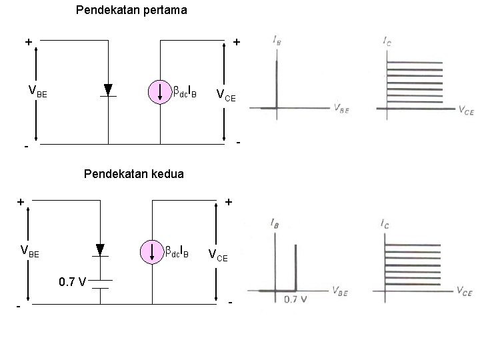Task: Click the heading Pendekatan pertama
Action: [x=131, y=11]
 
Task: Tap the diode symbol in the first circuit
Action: [x=108, y=90]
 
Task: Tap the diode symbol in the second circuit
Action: [x=101, y=250]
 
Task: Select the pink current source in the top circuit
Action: [x=161, y=91]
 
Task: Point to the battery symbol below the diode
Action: [x=101, y=285]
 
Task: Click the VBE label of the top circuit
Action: [x=37, y=92]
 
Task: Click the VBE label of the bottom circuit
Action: [x=30, y=252]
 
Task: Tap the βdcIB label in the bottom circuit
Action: [x=177, y=253]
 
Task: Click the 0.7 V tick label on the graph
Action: [x=295, y=299]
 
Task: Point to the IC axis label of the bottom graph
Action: [x=387, y=225]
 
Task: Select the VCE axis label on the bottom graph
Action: [x=464, y=291]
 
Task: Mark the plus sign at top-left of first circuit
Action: [x=28, y=42]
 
